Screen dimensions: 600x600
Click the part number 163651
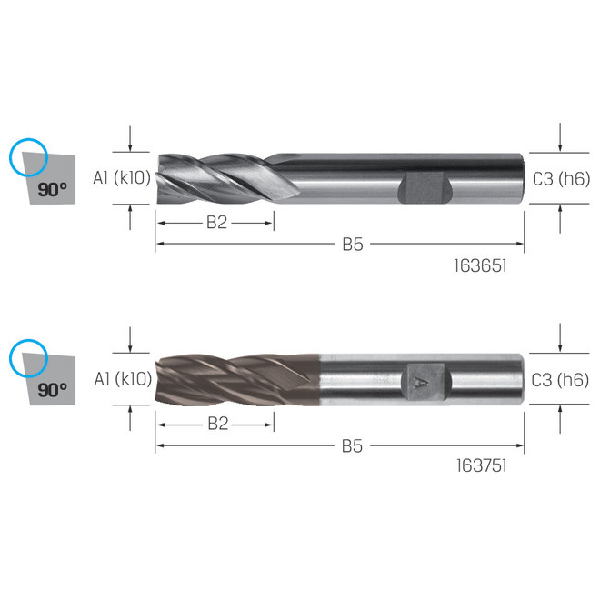(x=480, y=265)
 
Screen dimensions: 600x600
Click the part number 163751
(x=482, y=465)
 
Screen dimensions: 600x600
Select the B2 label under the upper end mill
(x=216, y=223)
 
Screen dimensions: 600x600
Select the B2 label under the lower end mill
(x=218, y=424)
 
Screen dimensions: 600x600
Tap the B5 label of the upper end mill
(x=353, y=245)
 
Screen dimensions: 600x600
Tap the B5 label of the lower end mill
(x=352, y=446)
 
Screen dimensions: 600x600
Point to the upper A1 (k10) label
(x=122, y=178)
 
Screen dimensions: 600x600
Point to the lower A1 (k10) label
(x=123, y=379)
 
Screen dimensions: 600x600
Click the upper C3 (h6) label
(x=561, y=179)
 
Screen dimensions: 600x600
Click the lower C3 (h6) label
(x=560, y=380)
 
